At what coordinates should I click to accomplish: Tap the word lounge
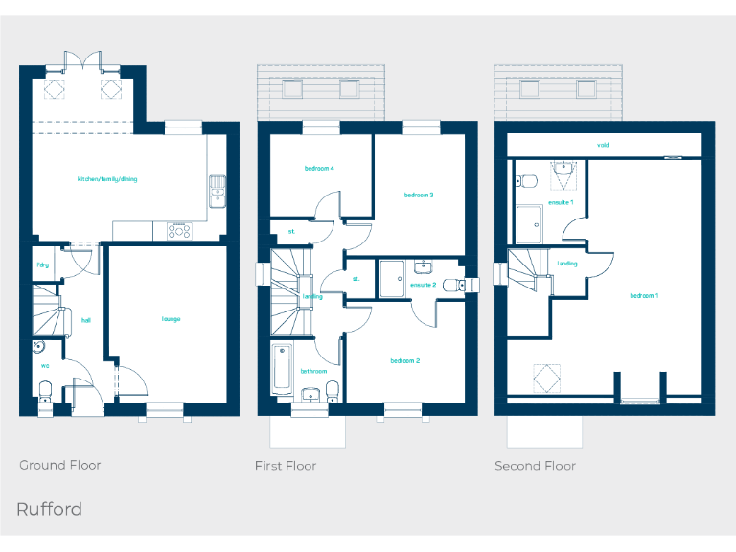(171, 319)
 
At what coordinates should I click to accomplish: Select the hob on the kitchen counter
(179, 230)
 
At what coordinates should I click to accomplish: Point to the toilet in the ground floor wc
(44, 389)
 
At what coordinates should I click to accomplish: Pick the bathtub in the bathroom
(282, 368)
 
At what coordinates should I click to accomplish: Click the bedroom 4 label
(319, 169)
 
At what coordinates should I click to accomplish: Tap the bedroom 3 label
(419, 195)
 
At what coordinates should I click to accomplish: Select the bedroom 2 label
(405, 360)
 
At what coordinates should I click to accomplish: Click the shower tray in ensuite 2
(391, 278)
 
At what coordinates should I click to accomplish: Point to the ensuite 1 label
(561, 202)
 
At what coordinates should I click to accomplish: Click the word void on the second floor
(604, 146)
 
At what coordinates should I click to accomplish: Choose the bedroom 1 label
(644, 296)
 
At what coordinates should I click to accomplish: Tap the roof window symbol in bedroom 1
(546, 378)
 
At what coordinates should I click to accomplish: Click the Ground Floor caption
(60, 465)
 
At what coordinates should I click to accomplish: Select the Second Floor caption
(535, 466)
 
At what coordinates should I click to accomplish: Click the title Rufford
(49, 509)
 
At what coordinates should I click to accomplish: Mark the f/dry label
(43, 264)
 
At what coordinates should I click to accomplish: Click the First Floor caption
(286, 466)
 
